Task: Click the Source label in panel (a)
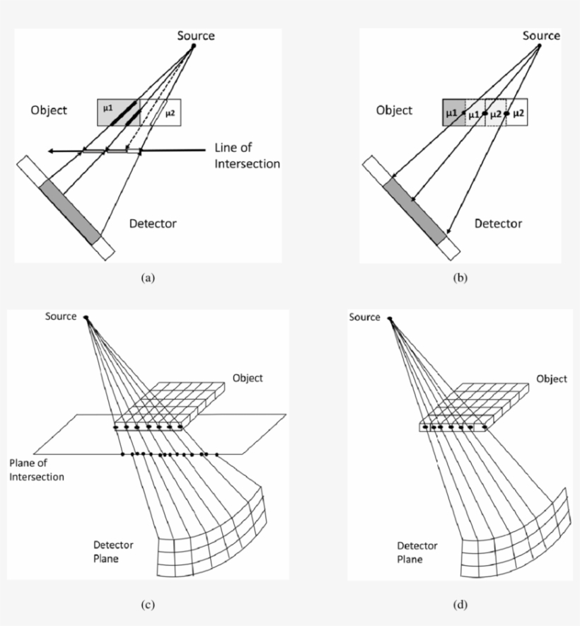[195, 35]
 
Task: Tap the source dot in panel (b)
[540, 47]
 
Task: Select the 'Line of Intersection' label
[247, 156]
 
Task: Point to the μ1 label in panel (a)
[107, 108]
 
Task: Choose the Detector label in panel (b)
[498, 224]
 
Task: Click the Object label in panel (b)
[394, 110]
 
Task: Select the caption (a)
[147, 278]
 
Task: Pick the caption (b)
[460, 278]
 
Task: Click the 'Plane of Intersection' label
[37, 470]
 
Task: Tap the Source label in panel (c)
[60, 316]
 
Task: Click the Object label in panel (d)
[552, 379]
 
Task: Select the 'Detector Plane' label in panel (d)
[417, 552]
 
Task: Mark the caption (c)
[147, 604]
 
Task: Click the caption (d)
[460, 604]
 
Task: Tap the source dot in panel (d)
[390, 318]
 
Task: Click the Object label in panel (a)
[49, 110]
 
